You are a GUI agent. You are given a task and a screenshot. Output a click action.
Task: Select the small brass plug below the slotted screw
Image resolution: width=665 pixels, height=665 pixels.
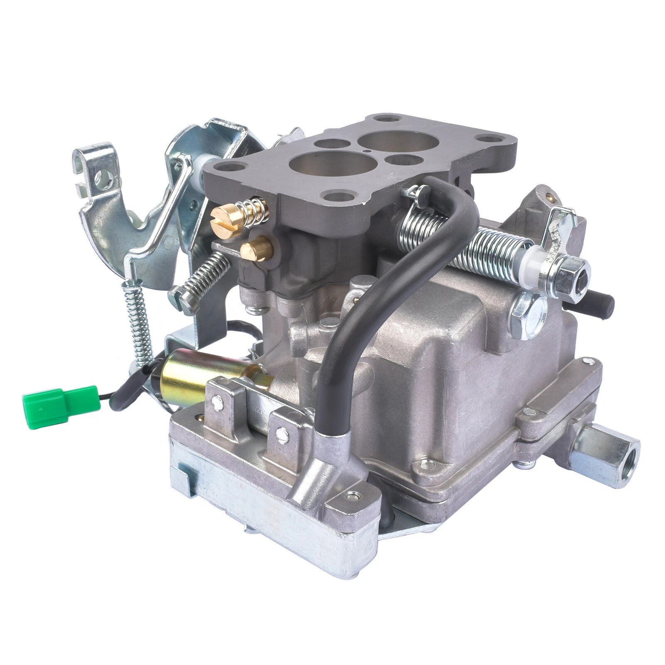(256, 250)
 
